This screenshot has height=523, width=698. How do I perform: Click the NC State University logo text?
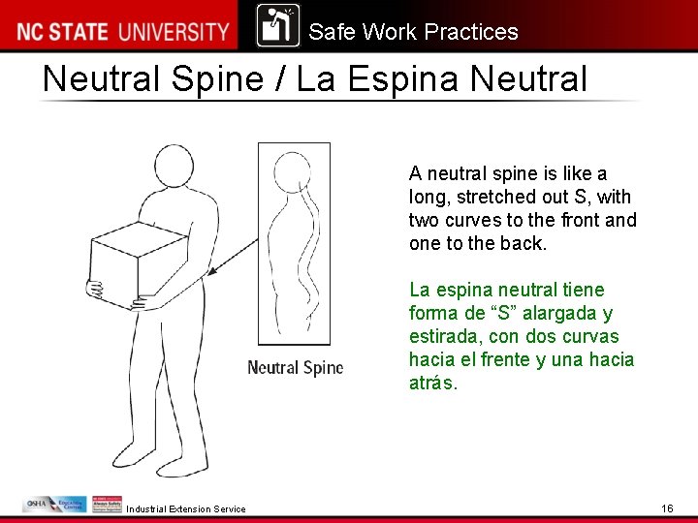[122, 31]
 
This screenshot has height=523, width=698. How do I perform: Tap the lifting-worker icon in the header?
[278, 26]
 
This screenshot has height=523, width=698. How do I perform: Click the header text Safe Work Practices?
[413, 32]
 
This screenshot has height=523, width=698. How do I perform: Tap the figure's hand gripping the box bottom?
[95, 289]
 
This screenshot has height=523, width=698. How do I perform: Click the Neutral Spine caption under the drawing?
[295, 367]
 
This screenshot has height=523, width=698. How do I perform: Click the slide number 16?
[667, 508]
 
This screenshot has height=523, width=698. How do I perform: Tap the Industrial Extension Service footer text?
[186, 509]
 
